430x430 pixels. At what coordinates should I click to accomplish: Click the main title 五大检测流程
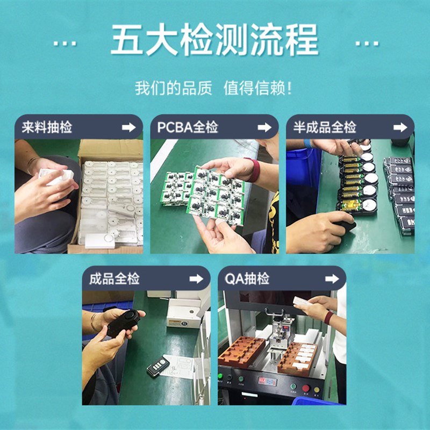pyautogui.click(x=214, y=40)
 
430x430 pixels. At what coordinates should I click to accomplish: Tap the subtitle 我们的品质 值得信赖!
pyautogui.click(x=214, y=87)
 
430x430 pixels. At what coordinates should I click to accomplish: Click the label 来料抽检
pyautogui.click(x=47, y=127)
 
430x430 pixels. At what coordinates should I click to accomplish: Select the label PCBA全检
pyautogui.click(x=188, y=127)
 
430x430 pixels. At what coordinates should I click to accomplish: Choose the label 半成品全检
pyautogui.click(x=325, y=127)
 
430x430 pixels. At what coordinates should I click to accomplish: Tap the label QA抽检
pyautogui.click(x=247, y=279)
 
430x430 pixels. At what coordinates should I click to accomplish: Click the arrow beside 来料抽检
pyautogui.click(x=128, y=127)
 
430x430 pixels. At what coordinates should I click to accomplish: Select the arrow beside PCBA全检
pyautogui.click(x=264, y=127)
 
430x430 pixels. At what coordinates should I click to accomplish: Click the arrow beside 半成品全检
pyautogui.click(x=400, y=127)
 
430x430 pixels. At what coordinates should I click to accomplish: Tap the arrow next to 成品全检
pyautogui.click(x=196, y=279)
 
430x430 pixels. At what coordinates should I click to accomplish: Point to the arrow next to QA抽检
pyautogui.click(x=332, y=279)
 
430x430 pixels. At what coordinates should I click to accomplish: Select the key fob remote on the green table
pyautogui.click(x=157, y=367)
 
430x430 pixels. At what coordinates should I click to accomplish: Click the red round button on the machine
pyautogui.click(x=306, y=388)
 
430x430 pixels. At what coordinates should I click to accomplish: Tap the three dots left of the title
pyautogui.click(x=65, y=43)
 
